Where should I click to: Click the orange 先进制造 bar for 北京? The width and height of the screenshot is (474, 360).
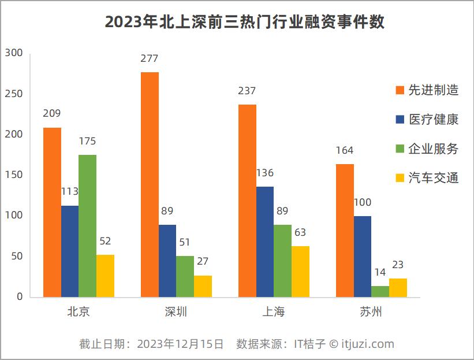point(52,212)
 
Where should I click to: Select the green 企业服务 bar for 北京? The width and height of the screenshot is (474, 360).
point(88,226)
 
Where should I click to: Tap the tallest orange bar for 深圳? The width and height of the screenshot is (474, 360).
point(150,184)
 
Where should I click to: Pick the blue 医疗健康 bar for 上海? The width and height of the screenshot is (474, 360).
point(265,242)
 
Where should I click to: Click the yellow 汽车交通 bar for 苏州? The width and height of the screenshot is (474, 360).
point(398,288)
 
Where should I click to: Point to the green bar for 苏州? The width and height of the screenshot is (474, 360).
point(380,291)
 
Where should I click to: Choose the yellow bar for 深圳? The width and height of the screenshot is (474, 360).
point(203,286)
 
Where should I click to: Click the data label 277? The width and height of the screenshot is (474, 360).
point(149,58)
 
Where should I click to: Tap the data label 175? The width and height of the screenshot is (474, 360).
point(87,141)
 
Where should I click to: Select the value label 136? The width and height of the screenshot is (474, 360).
point(264,173)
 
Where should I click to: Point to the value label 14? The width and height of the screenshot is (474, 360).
point(379,272)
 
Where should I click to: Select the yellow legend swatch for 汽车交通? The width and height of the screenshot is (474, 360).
point(400,179)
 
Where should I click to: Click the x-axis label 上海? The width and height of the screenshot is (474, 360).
point(274,313)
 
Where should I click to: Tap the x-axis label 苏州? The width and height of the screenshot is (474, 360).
point(371,313)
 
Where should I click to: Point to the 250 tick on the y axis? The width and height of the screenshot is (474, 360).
point(14,94)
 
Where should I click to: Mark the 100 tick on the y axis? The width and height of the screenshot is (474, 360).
point(14,216)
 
